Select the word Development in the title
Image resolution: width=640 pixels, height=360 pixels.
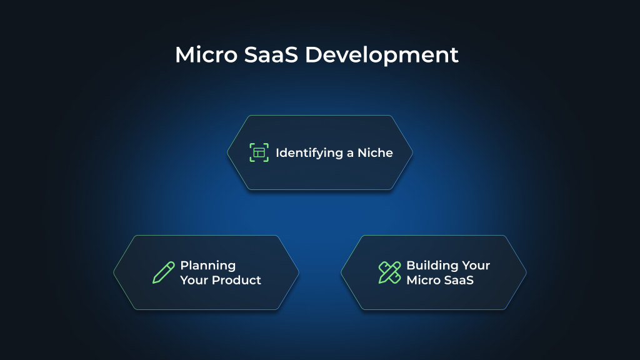[x=382, y=55]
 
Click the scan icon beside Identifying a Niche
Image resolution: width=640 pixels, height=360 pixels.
[x=259, y=152]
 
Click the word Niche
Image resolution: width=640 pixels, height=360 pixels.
[x=375, y=153]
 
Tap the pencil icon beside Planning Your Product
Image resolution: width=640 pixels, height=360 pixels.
[x=164, y=272]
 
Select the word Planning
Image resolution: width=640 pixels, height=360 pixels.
[x=207, y=265]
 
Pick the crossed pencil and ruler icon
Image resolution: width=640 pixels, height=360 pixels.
[x=390, y=272]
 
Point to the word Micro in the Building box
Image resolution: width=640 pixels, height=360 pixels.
[x=422, y=280]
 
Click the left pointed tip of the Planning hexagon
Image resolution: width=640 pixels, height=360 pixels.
[x=114, y=272]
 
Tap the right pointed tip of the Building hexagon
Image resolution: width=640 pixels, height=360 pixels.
[x=526, y=272]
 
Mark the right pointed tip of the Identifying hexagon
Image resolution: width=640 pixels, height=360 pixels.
[x=412, y=152]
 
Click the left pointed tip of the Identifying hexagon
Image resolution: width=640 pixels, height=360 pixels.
[x=228, y=152]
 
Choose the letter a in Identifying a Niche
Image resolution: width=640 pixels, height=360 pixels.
[x=351, y=153]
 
